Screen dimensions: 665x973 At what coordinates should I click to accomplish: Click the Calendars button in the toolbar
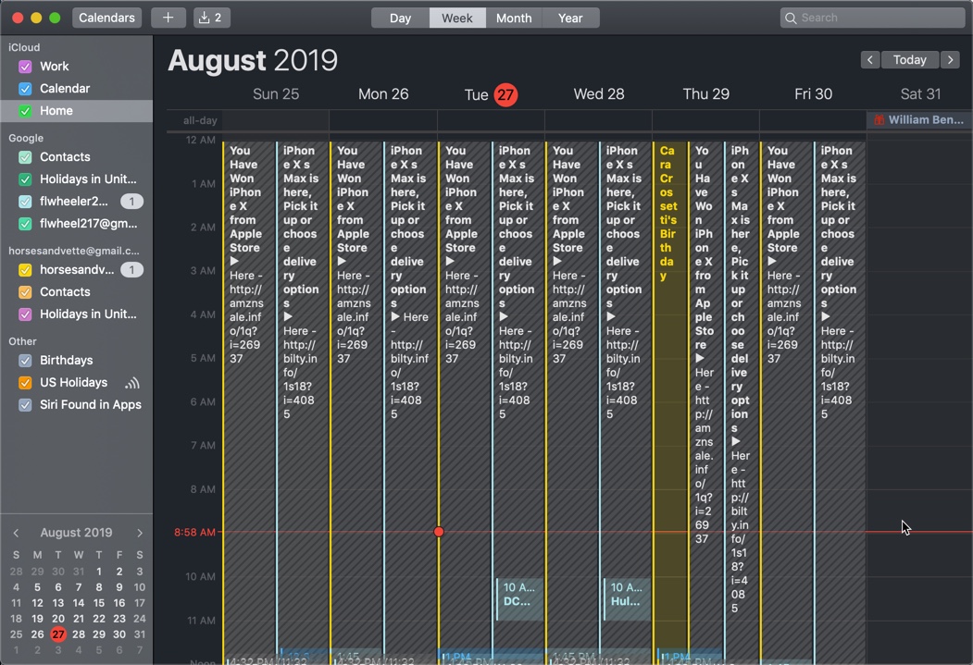click(106, 18)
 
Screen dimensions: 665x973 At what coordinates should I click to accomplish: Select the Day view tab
click(400, 18)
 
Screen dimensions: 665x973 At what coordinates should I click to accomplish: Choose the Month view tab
click(513, 18)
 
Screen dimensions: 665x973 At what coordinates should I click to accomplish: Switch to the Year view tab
click(570, 18)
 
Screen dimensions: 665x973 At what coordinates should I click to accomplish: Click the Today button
click(909, 59)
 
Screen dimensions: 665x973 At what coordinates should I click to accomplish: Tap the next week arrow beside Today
click(950, 59)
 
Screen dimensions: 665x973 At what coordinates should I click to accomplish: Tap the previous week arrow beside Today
click(869, 59)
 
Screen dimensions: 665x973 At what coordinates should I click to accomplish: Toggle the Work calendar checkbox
click(25, 67)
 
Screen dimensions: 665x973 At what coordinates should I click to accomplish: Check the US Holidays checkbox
click(25, 383)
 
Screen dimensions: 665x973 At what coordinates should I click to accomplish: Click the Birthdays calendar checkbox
click(25, 361)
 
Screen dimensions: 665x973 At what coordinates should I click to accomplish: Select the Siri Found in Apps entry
click(90, 405)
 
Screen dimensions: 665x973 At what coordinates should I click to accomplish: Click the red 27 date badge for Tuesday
click(505, 94)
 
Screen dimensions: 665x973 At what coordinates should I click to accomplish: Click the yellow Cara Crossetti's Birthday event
click(668, 213)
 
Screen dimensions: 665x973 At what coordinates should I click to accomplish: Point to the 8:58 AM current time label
click(194, 533)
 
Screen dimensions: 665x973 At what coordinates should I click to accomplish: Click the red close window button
click(17, 18)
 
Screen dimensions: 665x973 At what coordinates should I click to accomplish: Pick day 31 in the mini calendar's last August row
click(139, 634)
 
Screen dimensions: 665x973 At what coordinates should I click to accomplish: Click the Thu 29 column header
click(705, 94)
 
